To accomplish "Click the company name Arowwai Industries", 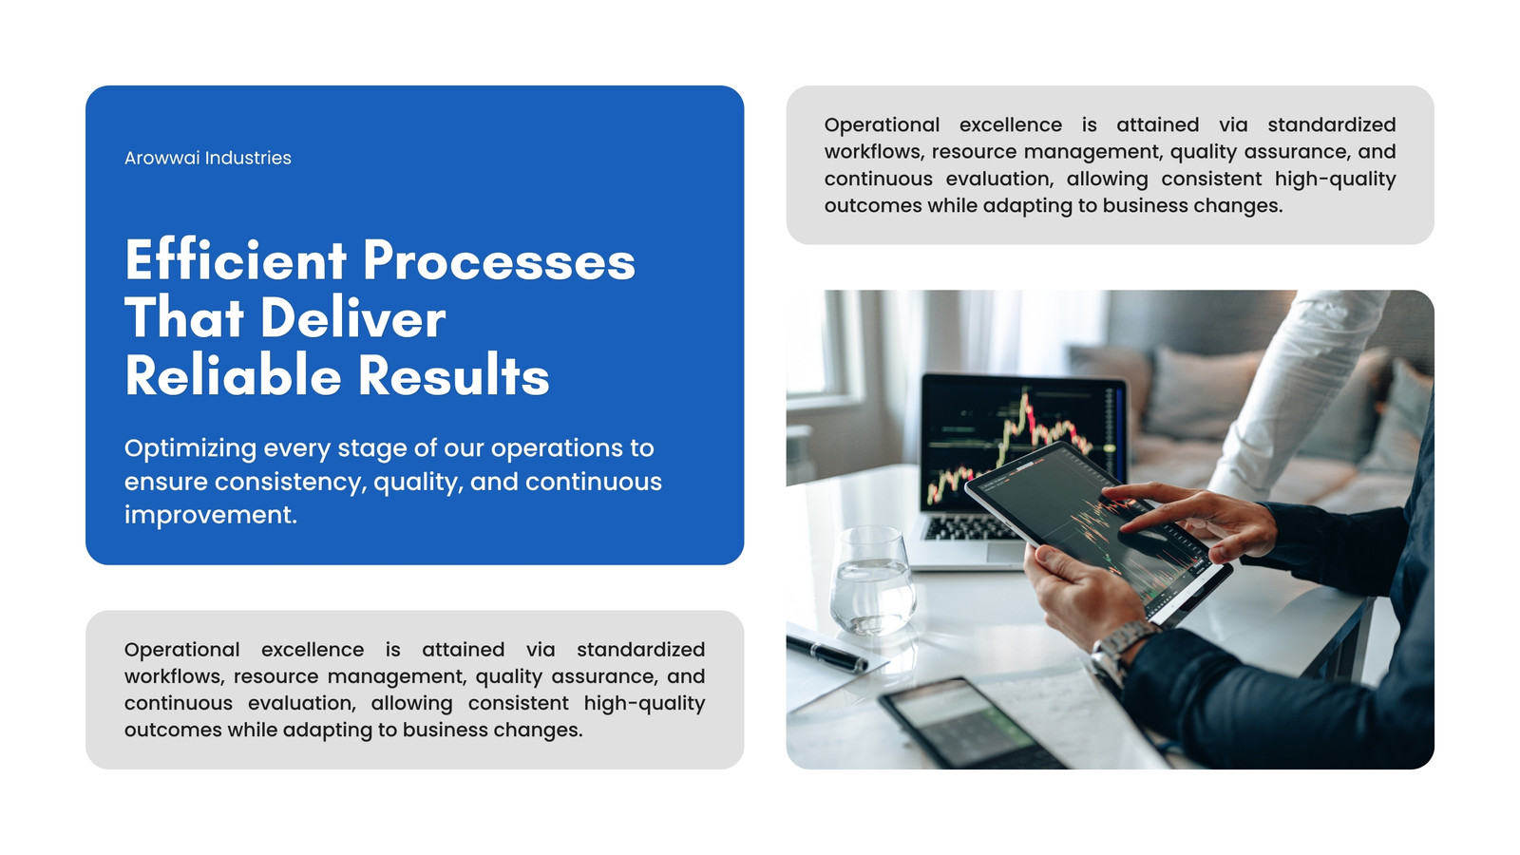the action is click(208, 158).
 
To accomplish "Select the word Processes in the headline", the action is click(499, 260).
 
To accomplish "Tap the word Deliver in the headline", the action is click(352, 317).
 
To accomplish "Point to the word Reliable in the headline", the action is click(233, 374).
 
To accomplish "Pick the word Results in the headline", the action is click(453, 374).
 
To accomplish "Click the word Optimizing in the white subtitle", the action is click(191, 449).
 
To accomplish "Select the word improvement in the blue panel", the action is click(210, 516).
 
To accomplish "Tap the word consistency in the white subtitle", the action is click(291, 483).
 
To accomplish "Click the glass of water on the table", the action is click(872, 580).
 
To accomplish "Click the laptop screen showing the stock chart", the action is click(1021, 441).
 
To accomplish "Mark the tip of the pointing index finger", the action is click(1106, 490).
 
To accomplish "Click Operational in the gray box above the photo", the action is click(882, 126).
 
